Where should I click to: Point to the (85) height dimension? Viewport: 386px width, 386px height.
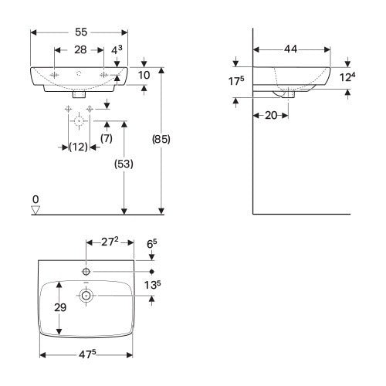(161, 140)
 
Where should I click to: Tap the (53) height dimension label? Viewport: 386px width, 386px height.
(124, 164)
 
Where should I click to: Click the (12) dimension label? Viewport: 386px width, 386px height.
(78, 147)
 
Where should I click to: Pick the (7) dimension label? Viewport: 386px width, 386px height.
(107, 138)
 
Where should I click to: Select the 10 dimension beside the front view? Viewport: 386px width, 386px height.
(144, 75)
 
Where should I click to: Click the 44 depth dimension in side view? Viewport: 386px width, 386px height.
(291, 49)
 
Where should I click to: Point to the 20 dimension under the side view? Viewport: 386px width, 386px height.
(270, 114)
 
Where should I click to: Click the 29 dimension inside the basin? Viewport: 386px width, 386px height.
(59, 308)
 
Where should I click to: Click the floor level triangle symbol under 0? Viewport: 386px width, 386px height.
(36, 209)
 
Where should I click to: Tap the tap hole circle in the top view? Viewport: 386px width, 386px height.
(86, 272)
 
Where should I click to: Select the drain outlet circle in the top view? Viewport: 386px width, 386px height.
(86, 295)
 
